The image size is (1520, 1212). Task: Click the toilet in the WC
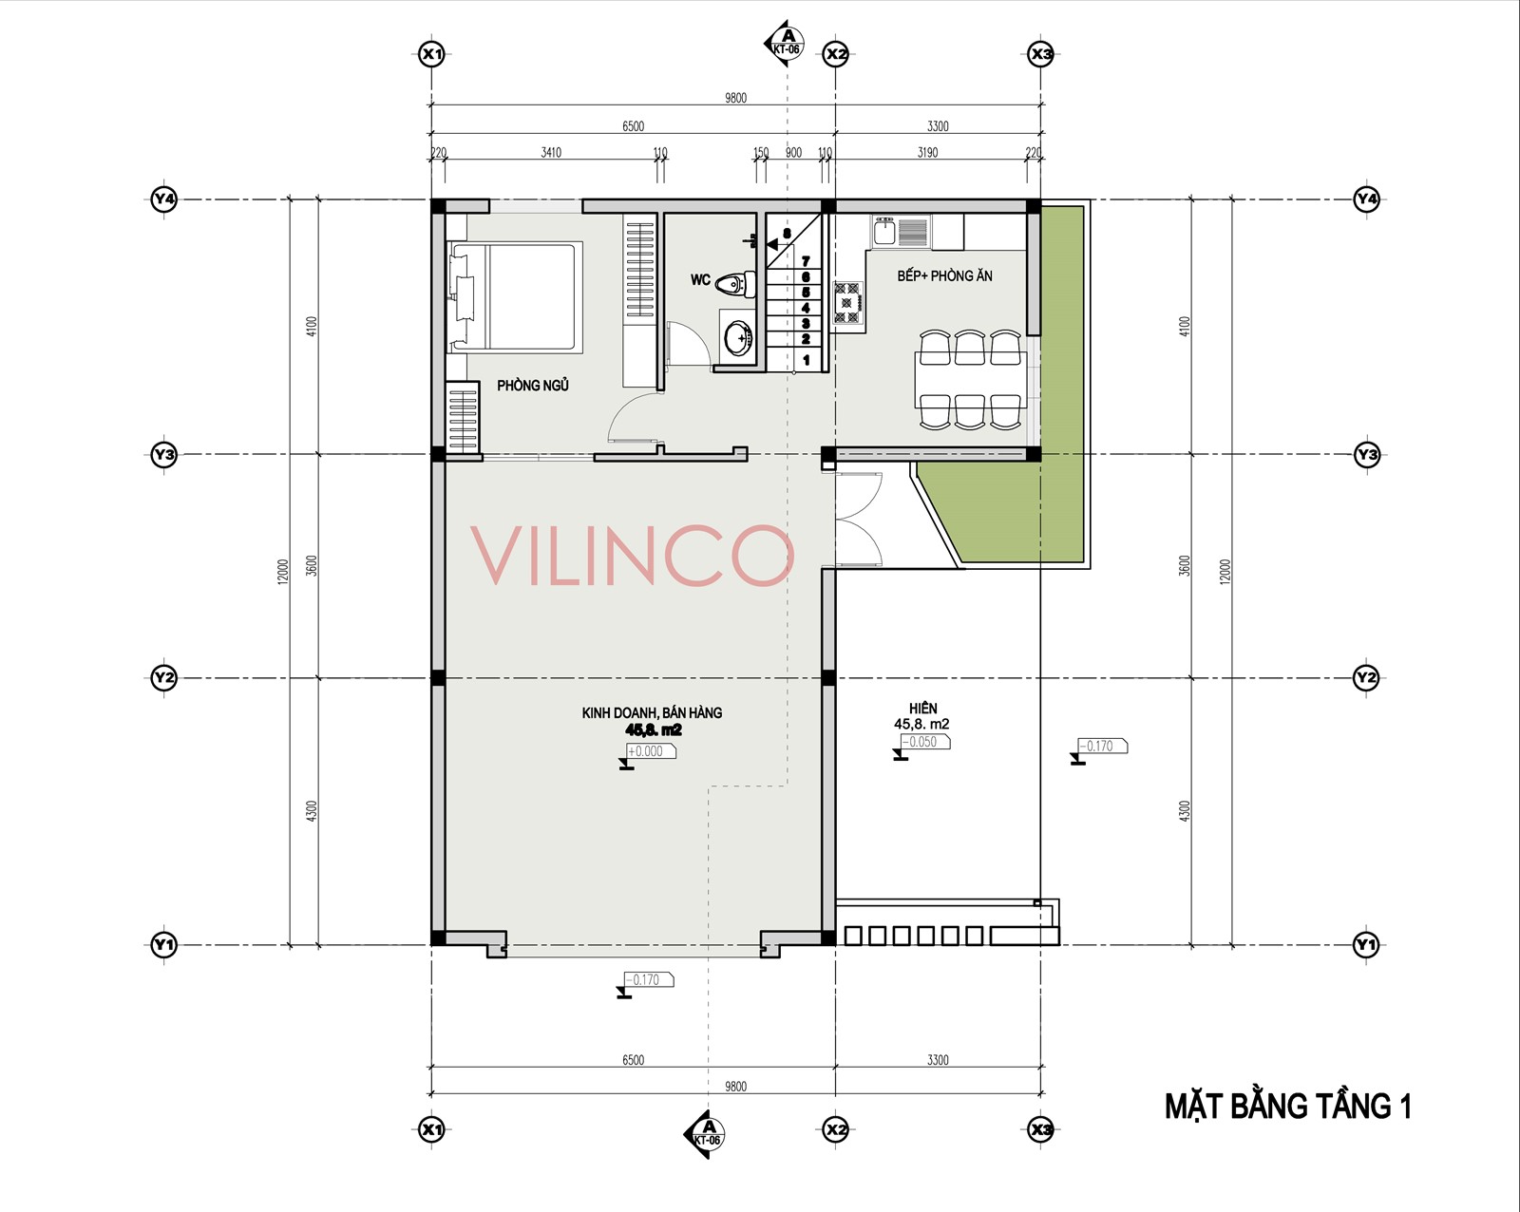(732, 285)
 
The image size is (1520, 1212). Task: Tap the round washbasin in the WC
(739, 338)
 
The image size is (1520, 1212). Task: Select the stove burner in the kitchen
(846, 302)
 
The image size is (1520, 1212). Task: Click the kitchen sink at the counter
(885, 231)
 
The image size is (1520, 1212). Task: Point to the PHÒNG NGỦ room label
(533, 385)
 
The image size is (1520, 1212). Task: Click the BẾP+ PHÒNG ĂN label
(944, 275)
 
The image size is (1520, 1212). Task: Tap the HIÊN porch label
(923, 709)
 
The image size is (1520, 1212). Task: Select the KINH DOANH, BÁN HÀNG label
(652, 712)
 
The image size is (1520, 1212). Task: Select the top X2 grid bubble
(836, 54)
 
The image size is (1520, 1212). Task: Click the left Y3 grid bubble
(163, 454)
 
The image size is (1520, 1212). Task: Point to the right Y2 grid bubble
(1366, 678)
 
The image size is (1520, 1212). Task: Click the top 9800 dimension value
(735, 98)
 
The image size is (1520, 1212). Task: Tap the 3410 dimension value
(551, 153)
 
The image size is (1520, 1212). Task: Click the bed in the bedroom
(515, 296)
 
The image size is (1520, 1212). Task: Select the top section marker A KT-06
(785, 43)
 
